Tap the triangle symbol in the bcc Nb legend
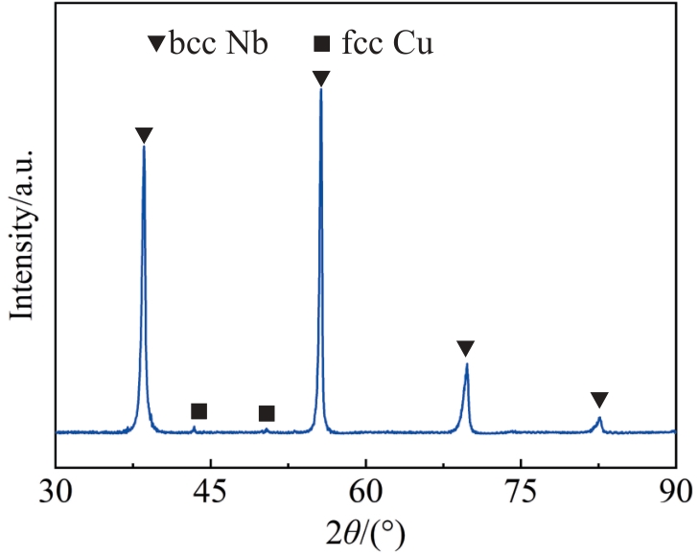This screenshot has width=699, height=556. [x=154, y=44]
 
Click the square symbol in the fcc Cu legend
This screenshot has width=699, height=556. [x=322, y=44]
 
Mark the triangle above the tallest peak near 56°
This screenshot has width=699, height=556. [x=321, y=79]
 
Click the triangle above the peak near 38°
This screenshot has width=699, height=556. [x=144, y=135]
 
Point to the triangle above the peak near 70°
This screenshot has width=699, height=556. [x=466, y=348]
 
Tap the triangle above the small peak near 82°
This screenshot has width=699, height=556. [x=599, y=400]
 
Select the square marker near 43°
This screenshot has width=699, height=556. [x=198, y=411]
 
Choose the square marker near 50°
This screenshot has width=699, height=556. [x=267, y=413]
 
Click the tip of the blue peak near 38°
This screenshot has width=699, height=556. [x=144, y=147]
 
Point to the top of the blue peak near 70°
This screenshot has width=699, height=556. [x=466, y=363]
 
